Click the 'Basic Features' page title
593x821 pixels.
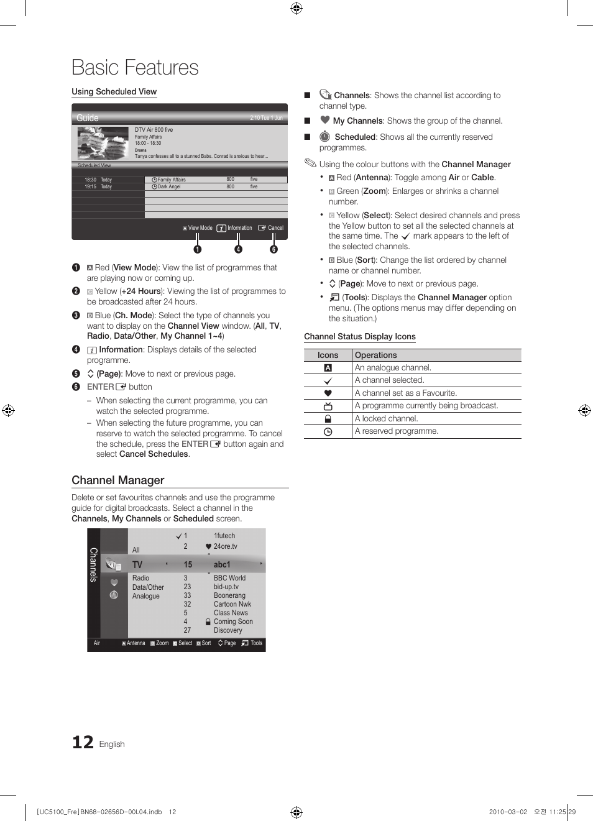coord(135,68)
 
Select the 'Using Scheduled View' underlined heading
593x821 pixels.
coord(114,92)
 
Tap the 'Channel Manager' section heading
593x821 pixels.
coord(118,480)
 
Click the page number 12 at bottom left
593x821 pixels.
coord(83,742)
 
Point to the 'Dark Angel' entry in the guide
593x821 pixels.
coord(168,186)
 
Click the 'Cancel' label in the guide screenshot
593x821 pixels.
coord(275,228)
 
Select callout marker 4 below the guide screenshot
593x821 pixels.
coord(238,249)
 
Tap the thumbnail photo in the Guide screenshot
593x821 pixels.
coord(103,144)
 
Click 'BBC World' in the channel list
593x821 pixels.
coord(229,578)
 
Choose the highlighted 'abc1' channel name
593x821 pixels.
coord(222,565)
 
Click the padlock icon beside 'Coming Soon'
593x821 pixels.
coord(208,621)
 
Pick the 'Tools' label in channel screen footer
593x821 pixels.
coord(256,643)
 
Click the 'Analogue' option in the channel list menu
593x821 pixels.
coord(145,596)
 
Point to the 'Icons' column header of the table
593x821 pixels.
coord(328,355)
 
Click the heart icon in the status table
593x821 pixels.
coord(328,393)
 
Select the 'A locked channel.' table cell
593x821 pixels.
coord(386,419)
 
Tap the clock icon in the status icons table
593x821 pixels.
coord(328,431)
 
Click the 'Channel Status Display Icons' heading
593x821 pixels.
coord(359,337)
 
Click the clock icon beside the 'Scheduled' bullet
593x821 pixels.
coord(324,137)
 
